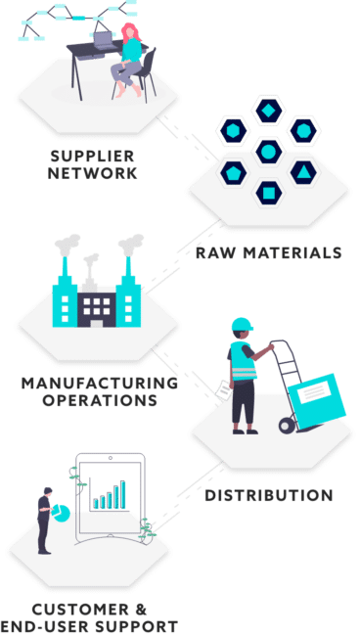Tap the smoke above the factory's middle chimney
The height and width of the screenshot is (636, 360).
91,261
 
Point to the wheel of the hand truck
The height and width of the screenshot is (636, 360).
287,425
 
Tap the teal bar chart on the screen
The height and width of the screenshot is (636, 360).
111,495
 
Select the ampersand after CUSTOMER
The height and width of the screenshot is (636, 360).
138,608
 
